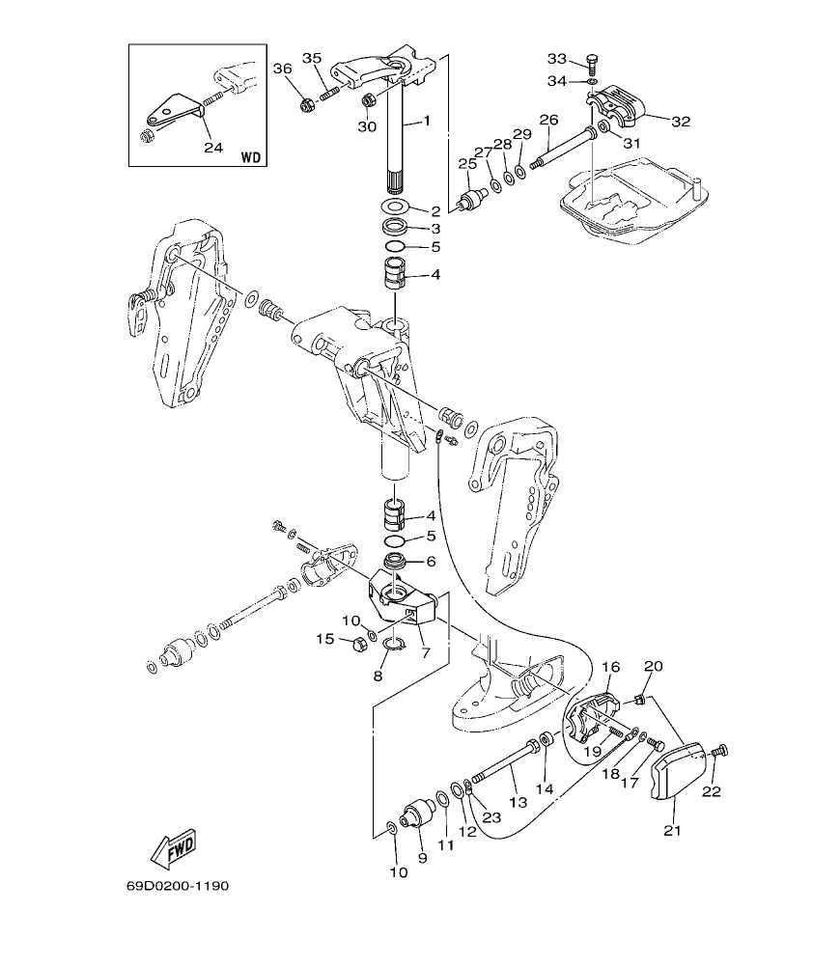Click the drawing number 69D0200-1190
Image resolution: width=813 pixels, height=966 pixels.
point(177,884)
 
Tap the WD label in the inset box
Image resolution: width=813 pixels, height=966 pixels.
point(249,155)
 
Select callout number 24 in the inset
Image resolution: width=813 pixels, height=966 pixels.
point(213,148)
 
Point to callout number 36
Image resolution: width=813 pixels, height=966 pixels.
point(281,68)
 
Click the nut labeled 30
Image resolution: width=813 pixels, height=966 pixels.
point(367,100)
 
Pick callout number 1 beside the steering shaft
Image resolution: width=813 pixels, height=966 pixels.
point(426,122)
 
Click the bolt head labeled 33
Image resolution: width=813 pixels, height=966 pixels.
point(593,62)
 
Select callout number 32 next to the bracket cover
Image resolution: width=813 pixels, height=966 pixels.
point(682,122)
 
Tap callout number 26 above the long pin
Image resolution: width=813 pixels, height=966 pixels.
point(548,120)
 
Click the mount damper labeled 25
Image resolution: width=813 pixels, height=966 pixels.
point(470,200)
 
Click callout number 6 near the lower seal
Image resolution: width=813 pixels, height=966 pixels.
point(431,561)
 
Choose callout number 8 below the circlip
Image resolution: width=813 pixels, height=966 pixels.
point(378,676)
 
